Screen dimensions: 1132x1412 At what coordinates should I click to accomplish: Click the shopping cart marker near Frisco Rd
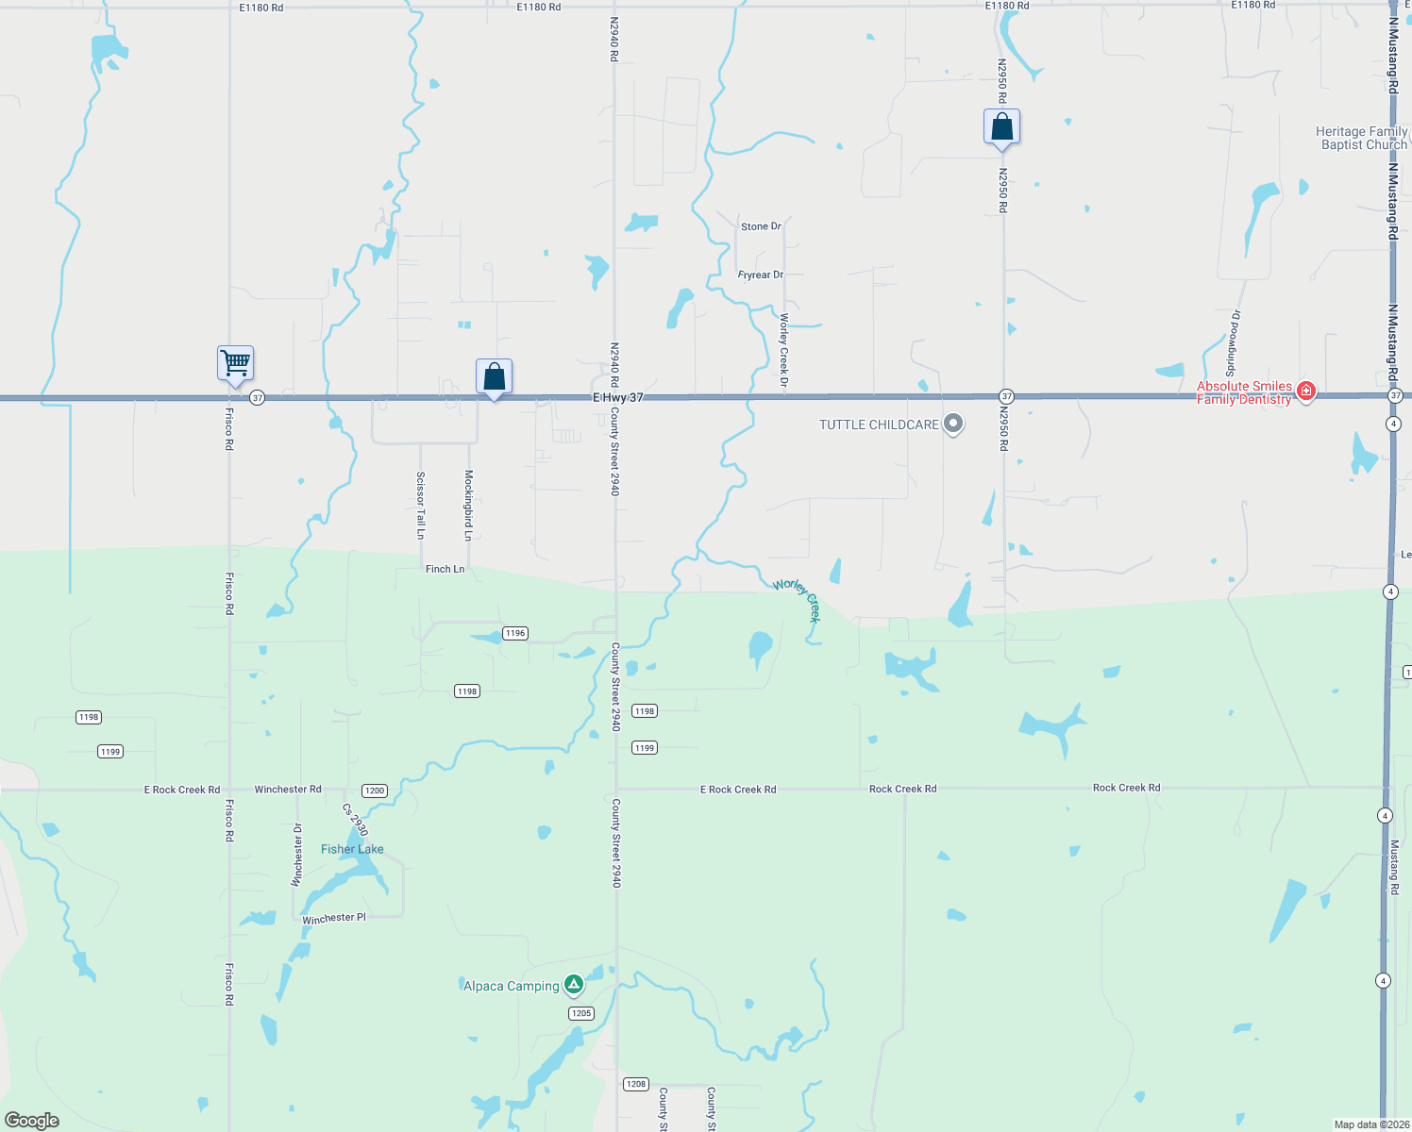(x=235, y=362)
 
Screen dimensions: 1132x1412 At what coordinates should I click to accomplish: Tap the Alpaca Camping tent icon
(x=573, y=986)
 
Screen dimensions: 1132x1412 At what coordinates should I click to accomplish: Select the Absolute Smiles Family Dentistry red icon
(x=1306, y=391)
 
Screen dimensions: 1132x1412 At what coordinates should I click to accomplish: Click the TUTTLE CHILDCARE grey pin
(x=953, y=424)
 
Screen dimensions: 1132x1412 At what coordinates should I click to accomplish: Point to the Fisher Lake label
(x=352, y=849)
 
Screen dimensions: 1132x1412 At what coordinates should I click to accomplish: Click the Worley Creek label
(x=798, y=599)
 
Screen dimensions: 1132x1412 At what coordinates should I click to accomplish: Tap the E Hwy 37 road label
(x=618, y=397)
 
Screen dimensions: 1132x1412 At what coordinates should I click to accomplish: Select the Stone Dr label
(x=761, y=226)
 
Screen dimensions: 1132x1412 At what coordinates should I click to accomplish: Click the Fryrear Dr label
(x=761, y=275)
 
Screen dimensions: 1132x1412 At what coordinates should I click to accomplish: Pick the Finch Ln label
(x=445, y=569)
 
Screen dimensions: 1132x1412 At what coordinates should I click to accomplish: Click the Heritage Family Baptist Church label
(x=1361, y=138)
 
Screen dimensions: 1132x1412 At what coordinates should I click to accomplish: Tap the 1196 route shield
(x=514, y=633)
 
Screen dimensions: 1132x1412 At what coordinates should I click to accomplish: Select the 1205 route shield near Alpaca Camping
(x=581, y=1013)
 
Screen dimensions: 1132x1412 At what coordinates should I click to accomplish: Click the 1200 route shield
(x=375, y=791)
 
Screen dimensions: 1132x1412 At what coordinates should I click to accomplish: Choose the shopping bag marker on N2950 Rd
(x=1001, y=126)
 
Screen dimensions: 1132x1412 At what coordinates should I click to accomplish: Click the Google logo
(x=32, y=1120)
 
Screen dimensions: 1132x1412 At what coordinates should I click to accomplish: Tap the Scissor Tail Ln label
(x=421, y=506)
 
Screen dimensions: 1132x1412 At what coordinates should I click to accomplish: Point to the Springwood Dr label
(x=1233, y=342)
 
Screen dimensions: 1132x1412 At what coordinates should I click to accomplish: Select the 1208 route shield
(x=636, y=1084)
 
